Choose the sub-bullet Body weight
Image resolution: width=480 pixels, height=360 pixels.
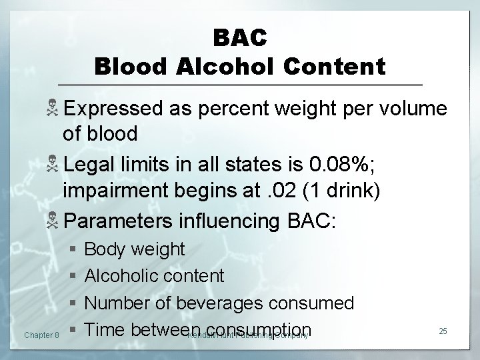(135, 250)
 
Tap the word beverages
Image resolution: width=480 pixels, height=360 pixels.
(221, 303)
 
